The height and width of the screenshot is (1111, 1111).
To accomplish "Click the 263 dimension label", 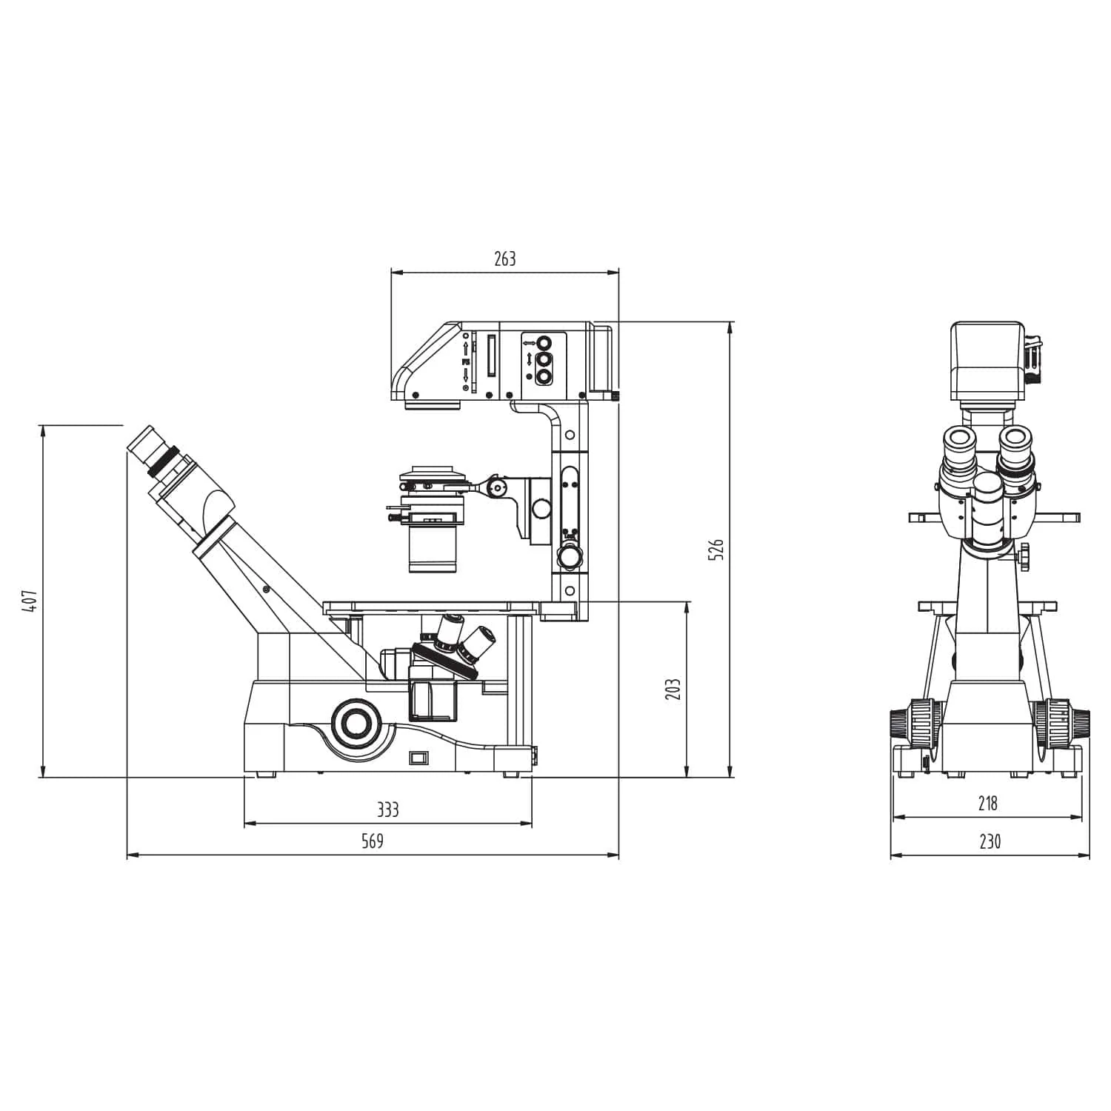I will [504, 258].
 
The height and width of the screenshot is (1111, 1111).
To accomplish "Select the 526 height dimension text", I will [715, 550].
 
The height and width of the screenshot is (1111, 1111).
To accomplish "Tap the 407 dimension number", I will [29, 601].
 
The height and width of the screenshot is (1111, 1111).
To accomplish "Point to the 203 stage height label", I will [673, 690].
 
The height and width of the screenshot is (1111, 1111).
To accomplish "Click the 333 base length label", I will [387, 810].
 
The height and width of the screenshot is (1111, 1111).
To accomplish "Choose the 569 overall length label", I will [373, 841].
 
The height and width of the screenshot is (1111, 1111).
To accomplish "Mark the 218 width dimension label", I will [987, 803].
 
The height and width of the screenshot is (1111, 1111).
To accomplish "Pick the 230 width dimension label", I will [990, 841].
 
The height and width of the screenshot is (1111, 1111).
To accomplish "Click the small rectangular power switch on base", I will [419, 757].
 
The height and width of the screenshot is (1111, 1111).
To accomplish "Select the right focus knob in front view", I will [1064, 721].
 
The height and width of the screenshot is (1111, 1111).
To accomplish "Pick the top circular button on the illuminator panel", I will [544, 343].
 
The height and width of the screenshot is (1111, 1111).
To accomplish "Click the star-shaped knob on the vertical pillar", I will [570, 555].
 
